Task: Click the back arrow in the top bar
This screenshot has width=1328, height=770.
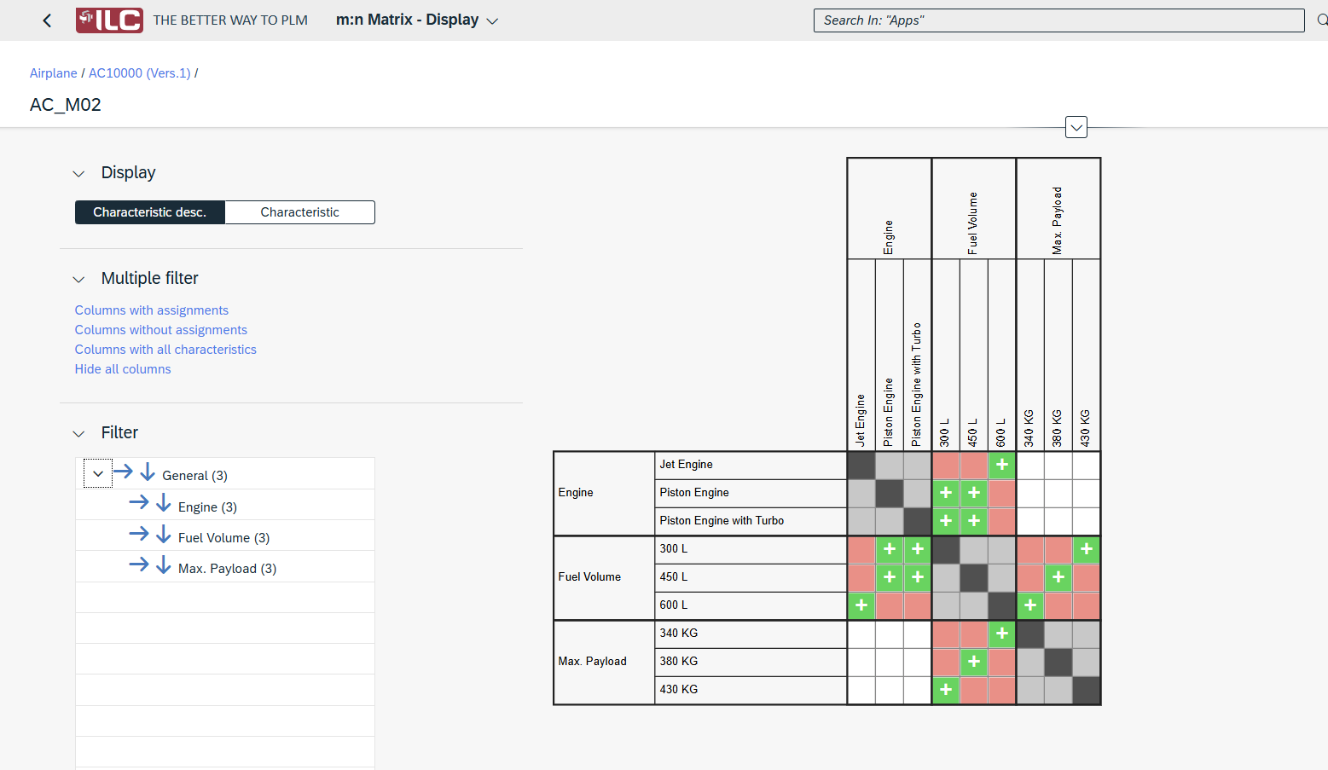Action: (47, 20)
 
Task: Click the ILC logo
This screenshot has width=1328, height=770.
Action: (109, 20)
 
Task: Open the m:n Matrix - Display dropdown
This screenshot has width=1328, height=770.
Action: (492, 21)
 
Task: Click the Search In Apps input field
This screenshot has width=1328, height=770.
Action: (1058, 20)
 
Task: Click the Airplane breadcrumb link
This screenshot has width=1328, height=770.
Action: (53, 73)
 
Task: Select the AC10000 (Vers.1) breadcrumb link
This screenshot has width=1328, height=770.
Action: (139, 73)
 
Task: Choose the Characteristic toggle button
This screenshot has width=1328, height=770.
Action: (299, 212)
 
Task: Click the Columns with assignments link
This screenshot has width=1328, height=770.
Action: (151, 310)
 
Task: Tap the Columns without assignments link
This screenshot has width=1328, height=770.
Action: (160, 330)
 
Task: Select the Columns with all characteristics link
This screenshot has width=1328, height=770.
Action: (165, 350)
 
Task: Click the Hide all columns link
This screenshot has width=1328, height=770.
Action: (123, 369)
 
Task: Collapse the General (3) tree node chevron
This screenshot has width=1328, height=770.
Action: (98, 474)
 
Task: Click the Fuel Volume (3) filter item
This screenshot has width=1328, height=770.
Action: (223, 538)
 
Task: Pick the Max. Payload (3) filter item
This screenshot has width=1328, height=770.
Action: (227, 569)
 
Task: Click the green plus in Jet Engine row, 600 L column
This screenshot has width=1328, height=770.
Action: (1001, 465)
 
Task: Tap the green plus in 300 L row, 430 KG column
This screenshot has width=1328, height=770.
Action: (1086, 549)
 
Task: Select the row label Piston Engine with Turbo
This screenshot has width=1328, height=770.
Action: (721, 521)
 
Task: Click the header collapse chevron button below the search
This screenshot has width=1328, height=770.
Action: (1076, 128)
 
